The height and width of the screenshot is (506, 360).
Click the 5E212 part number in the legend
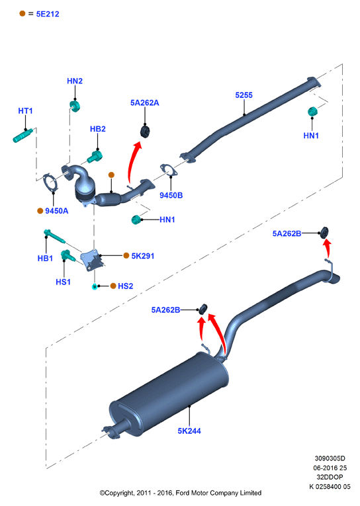coord(48,14)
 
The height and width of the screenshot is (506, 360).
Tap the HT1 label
coord(26,111)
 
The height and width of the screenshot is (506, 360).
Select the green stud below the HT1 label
coord(23,136)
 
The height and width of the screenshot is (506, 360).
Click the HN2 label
coord(75,81)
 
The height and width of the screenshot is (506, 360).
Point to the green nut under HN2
coord(75,106)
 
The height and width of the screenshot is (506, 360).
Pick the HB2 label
coord(98,129)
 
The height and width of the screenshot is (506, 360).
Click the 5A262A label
coord(145,103)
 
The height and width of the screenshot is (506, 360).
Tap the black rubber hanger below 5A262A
coord(145,132)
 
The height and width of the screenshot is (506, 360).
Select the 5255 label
coord(244,95)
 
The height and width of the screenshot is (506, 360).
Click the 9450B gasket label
coord(171,195)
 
